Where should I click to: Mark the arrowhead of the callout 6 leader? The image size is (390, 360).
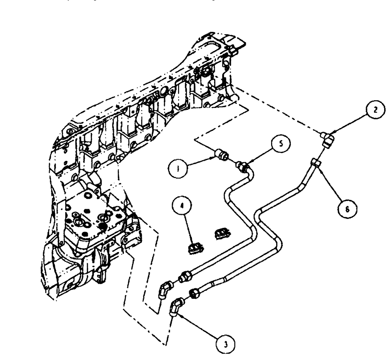click(319, 168)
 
